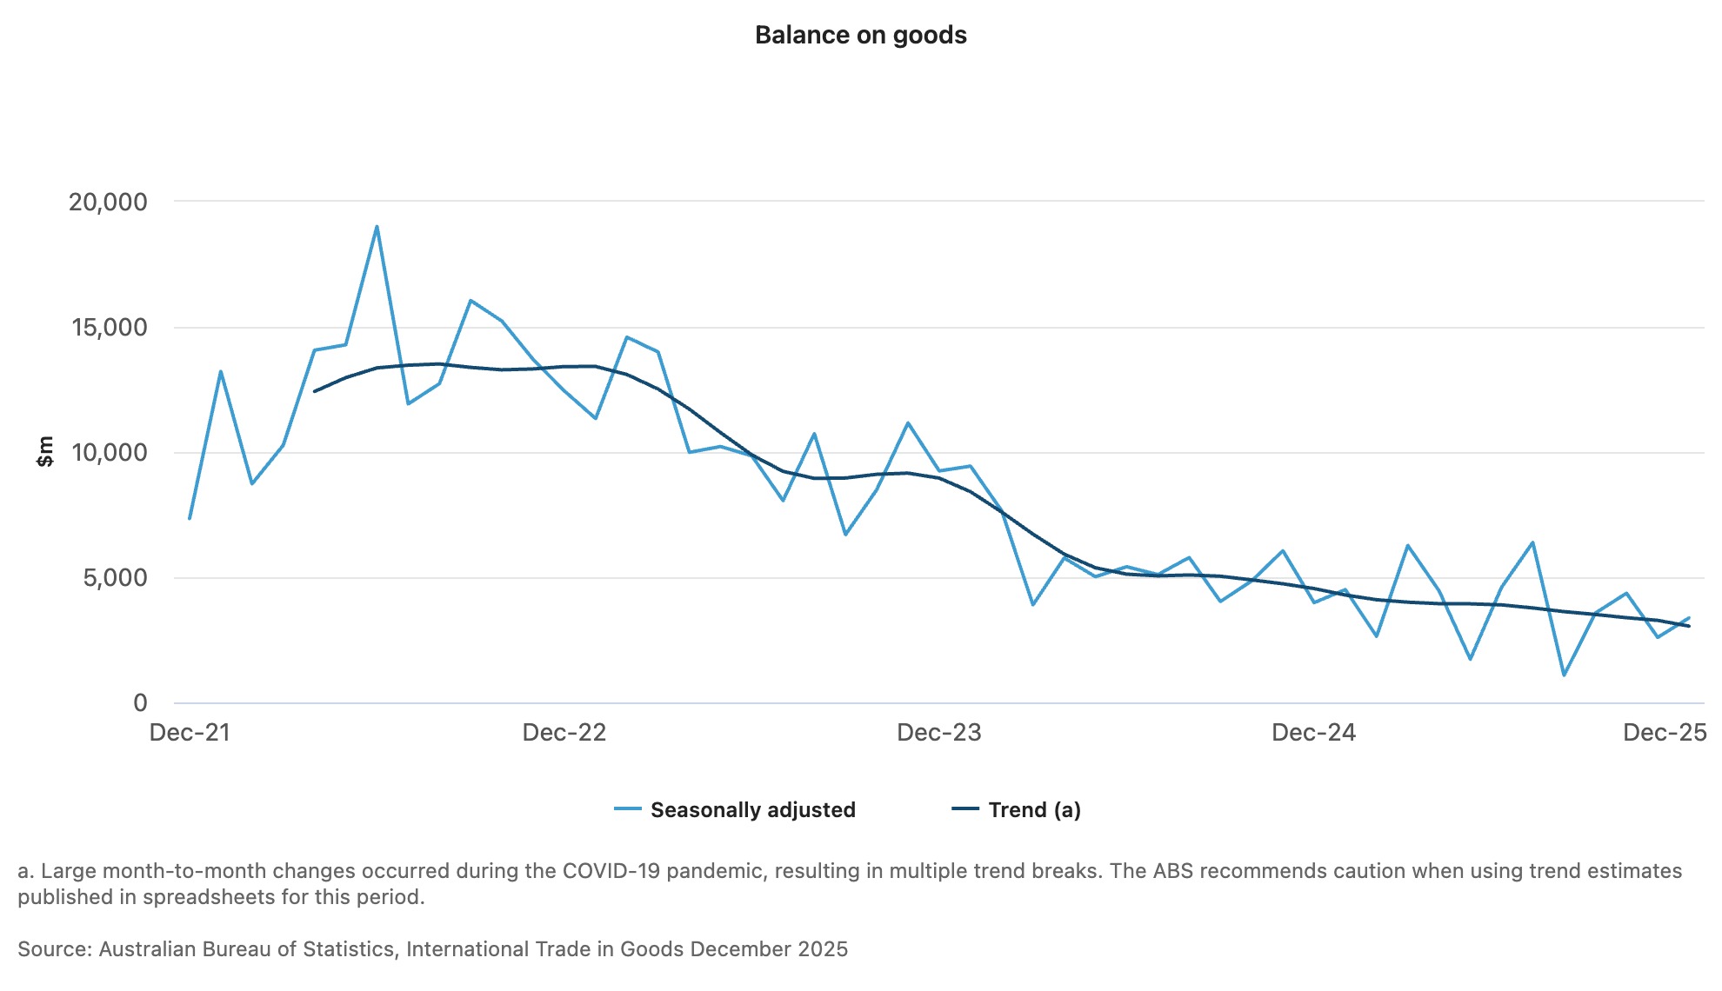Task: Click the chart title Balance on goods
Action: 860,35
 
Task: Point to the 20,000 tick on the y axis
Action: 108,203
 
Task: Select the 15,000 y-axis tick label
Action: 110,328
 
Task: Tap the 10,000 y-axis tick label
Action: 110,453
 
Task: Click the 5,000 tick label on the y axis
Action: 115,578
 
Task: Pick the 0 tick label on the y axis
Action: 140,703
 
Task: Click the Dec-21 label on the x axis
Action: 190,733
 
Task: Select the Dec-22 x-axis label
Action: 564,733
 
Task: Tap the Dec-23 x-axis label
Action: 938,733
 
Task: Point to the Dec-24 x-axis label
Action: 1313,733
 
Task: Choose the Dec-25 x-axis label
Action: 1665,733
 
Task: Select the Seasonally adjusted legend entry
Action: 752,810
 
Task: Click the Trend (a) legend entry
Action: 1034,810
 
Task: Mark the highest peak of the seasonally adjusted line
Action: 377,226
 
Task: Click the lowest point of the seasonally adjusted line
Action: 1564,675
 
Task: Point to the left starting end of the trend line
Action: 315,391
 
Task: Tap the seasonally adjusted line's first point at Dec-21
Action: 190,519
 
